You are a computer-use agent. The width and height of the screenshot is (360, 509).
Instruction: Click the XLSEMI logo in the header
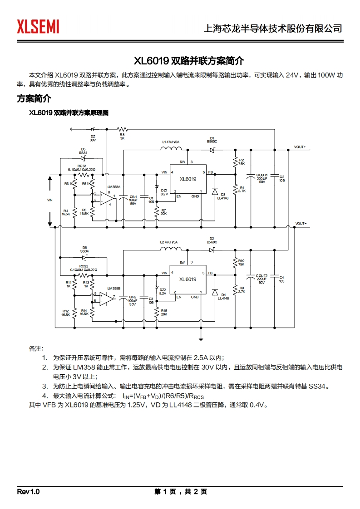pyautogui.click(x=38, y=27)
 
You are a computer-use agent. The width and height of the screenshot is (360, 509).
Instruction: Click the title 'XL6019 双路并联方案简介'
pyautogui.click(x=179, y=60)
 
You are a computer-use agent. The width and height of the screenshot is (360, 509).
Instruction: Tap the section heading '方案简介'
pyautogui.click(x=34, y=98)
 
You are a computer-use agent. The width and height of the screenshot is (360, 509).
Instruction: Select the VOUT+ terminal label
pyautogui.click(x=300, y=147)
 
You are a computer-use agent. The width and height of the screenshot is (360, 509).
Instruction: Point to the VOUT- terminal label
pyautogui.click(x=301, y=223)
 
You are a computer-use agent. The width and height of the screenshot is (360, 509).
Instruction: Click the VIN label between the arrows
pyautogui.click(x=50, y=200)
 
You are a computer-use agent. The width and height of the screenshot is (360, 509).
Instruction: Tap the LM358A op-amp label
pyautogui.click(x=113, y=187)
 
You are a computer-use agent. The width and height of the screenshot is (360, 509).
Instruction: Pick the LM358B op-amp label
pyautogui.click(x=113, y=289)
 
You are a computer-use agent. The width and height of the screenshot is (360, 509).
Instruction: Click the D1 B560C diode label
pyautogui.click(x=212, y=140)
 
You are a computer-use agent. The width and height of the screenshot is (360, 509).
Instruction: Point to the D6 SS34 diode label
pyautogui.click(x=84, y=249)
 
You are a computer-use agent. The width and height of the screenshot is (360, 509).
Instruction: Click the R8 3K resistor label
pyautogui.click(x=122, y=136)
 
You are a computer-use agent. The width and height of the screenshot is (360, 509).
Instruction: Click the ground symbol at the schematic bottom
pyautogui.click(x=201, y=338)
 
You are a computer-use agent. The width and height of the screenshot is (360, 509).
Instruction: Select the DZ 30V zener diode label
pyautogui.click(x=93, y=138)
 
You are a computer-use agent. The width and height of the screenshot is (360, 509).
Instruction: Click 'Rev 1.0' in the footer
pyautogui.click(x=29, y=492)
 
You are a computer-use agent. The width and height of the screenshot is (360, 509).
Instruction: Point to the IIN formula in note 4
pyautogui.click(x=163, y=396)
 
